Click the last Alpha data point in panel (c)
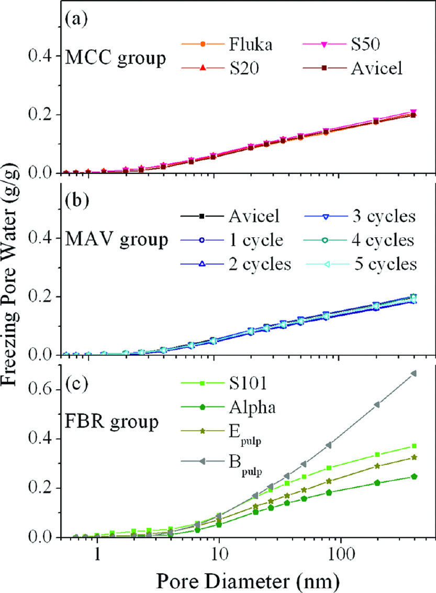click(413, 476)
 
